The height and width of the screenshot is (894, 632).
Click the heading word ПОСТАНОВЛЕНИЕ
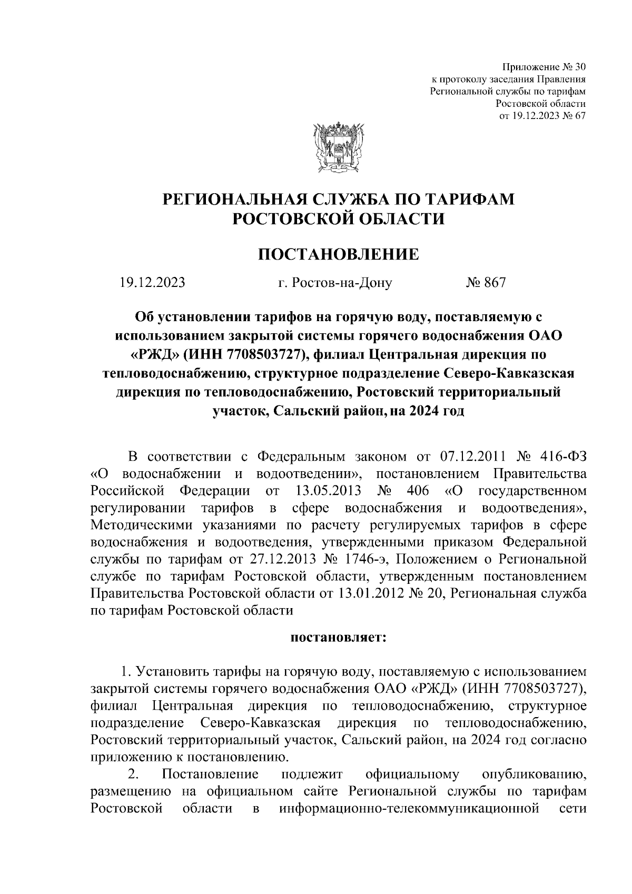point(339,255)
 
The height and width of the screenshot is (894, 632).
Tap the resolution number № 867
point(485,283)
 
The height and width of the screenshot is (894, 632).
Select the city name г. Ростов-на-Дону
point(335,283)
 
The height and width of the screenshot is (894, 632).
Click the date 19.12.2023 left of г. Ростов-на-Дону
point(152,283)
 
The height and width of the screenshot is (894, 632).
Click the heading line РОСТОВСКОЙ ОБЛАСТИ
point(339,218)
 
